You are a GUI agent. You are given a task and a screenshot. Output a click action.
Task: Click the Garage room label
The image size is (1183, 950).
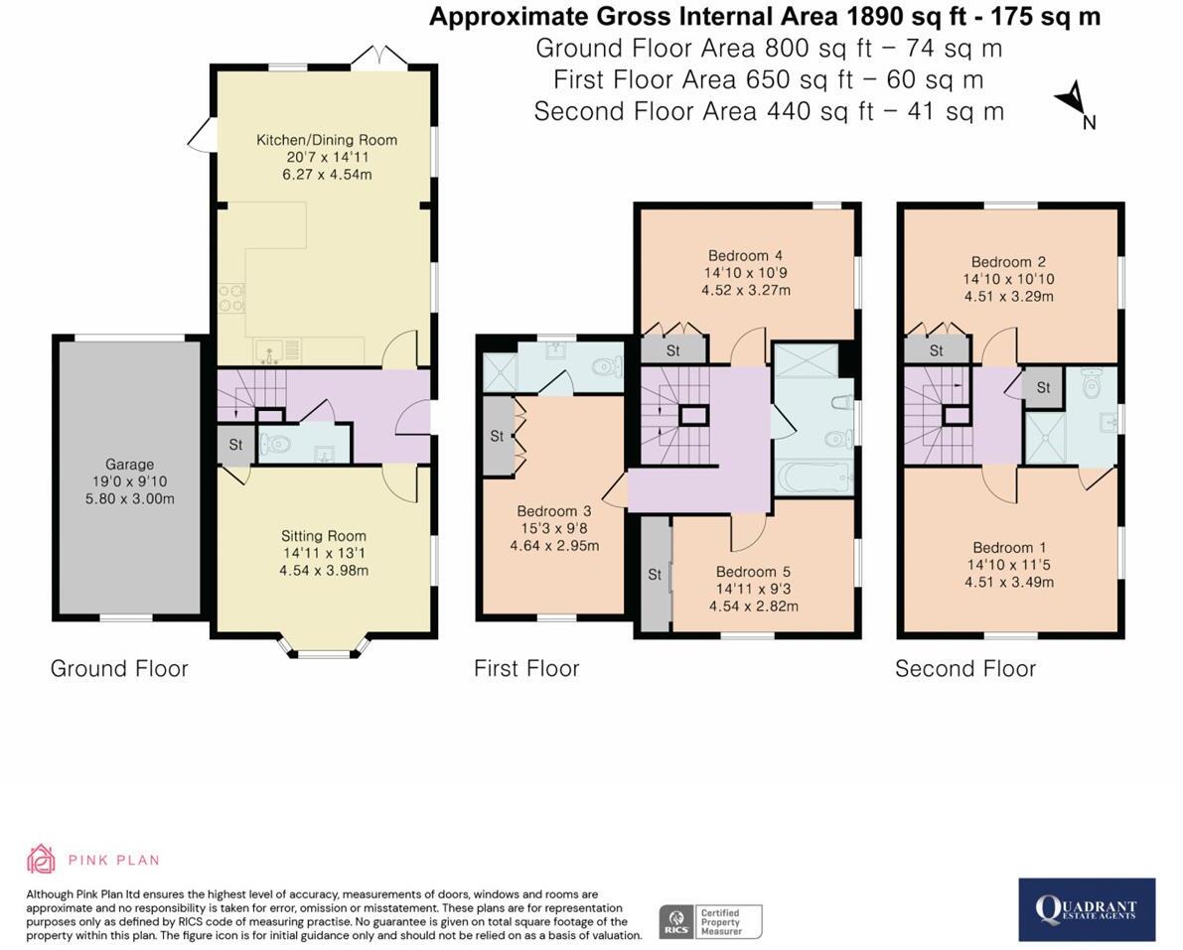pos(130,465)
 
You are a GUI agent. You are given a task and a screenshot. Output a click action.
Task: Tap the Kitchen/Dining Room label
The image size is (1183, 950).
pos(327,140)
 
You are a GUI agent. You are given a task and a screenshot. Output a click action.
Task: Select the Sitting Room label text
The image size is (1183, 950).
pos(324,536)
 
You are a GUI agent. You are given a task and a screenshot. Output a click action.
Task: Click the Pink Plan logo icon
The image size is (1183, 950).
pos(41,859)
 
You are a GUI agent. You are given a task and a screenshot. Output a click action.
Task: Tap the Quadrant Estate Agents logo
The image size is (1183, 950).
pos(1087,909)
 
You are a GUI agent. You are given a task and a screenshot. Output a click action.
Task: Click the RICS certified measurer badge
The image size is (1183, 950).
pos(711,921)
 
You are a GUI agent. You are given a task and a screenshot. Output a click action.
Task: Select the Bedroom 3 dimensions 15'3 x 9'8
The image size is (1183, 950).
pos(554,528)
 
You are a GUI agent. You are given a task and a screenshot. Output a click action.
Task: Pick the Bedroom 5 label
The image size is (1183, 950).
pos(753,572)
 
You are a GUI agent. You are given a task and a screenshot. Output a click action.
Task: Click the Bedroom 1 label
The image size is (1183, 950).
pos(1009,547)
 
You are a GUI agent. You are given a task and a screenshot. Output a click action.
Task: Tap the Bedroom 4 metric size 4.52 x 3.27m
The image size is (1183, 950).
pos(747,290)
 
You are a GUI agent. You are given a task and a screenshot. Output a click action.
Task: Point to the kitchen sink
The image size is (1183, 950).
pos(269,350)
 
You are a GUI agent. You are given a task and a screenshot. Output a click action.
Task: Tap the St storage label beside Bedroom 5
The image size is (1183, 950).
pos(655,574)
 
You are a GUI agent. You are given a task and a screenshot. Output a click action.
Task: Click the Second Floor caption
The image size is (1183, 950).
pos(964,668)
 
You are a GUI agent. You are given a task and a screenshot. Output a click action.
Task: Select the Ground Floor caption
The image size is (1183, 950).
pos(119,668)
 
